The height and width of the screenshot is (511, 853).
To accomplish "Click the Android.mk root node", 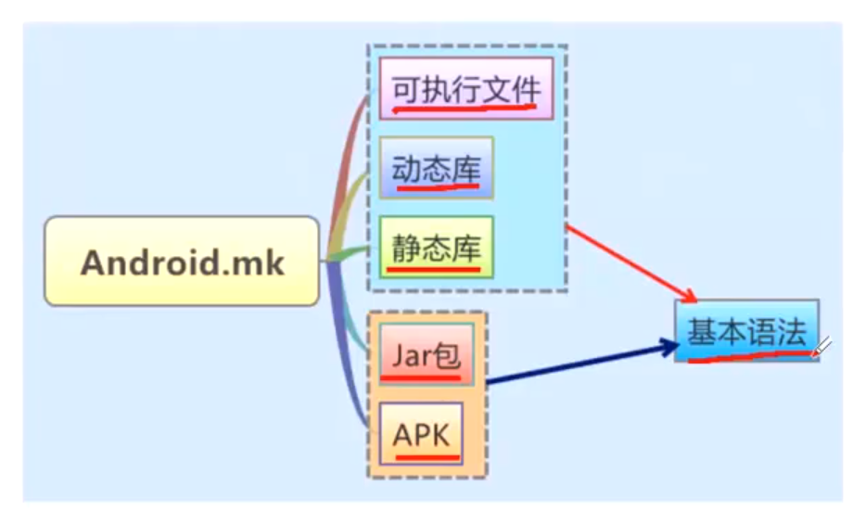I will tap(182, 262).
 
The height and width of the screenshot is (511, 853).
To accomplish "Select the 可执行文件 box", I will tap(465, 88).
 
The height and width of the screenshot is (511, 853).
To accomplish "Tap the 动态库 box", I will tap(436, 168).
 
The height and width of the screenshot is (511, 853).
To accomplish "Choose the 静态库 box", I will tap(436, 247).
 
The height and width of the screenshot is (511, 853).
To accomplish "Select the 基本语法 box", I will tap(746, 331).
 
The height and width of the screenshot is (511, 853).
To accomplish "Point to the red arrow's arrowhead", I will tap(691, 296).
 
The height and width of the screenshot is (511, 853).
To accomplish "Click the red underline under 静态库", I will tap(434, 270).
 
